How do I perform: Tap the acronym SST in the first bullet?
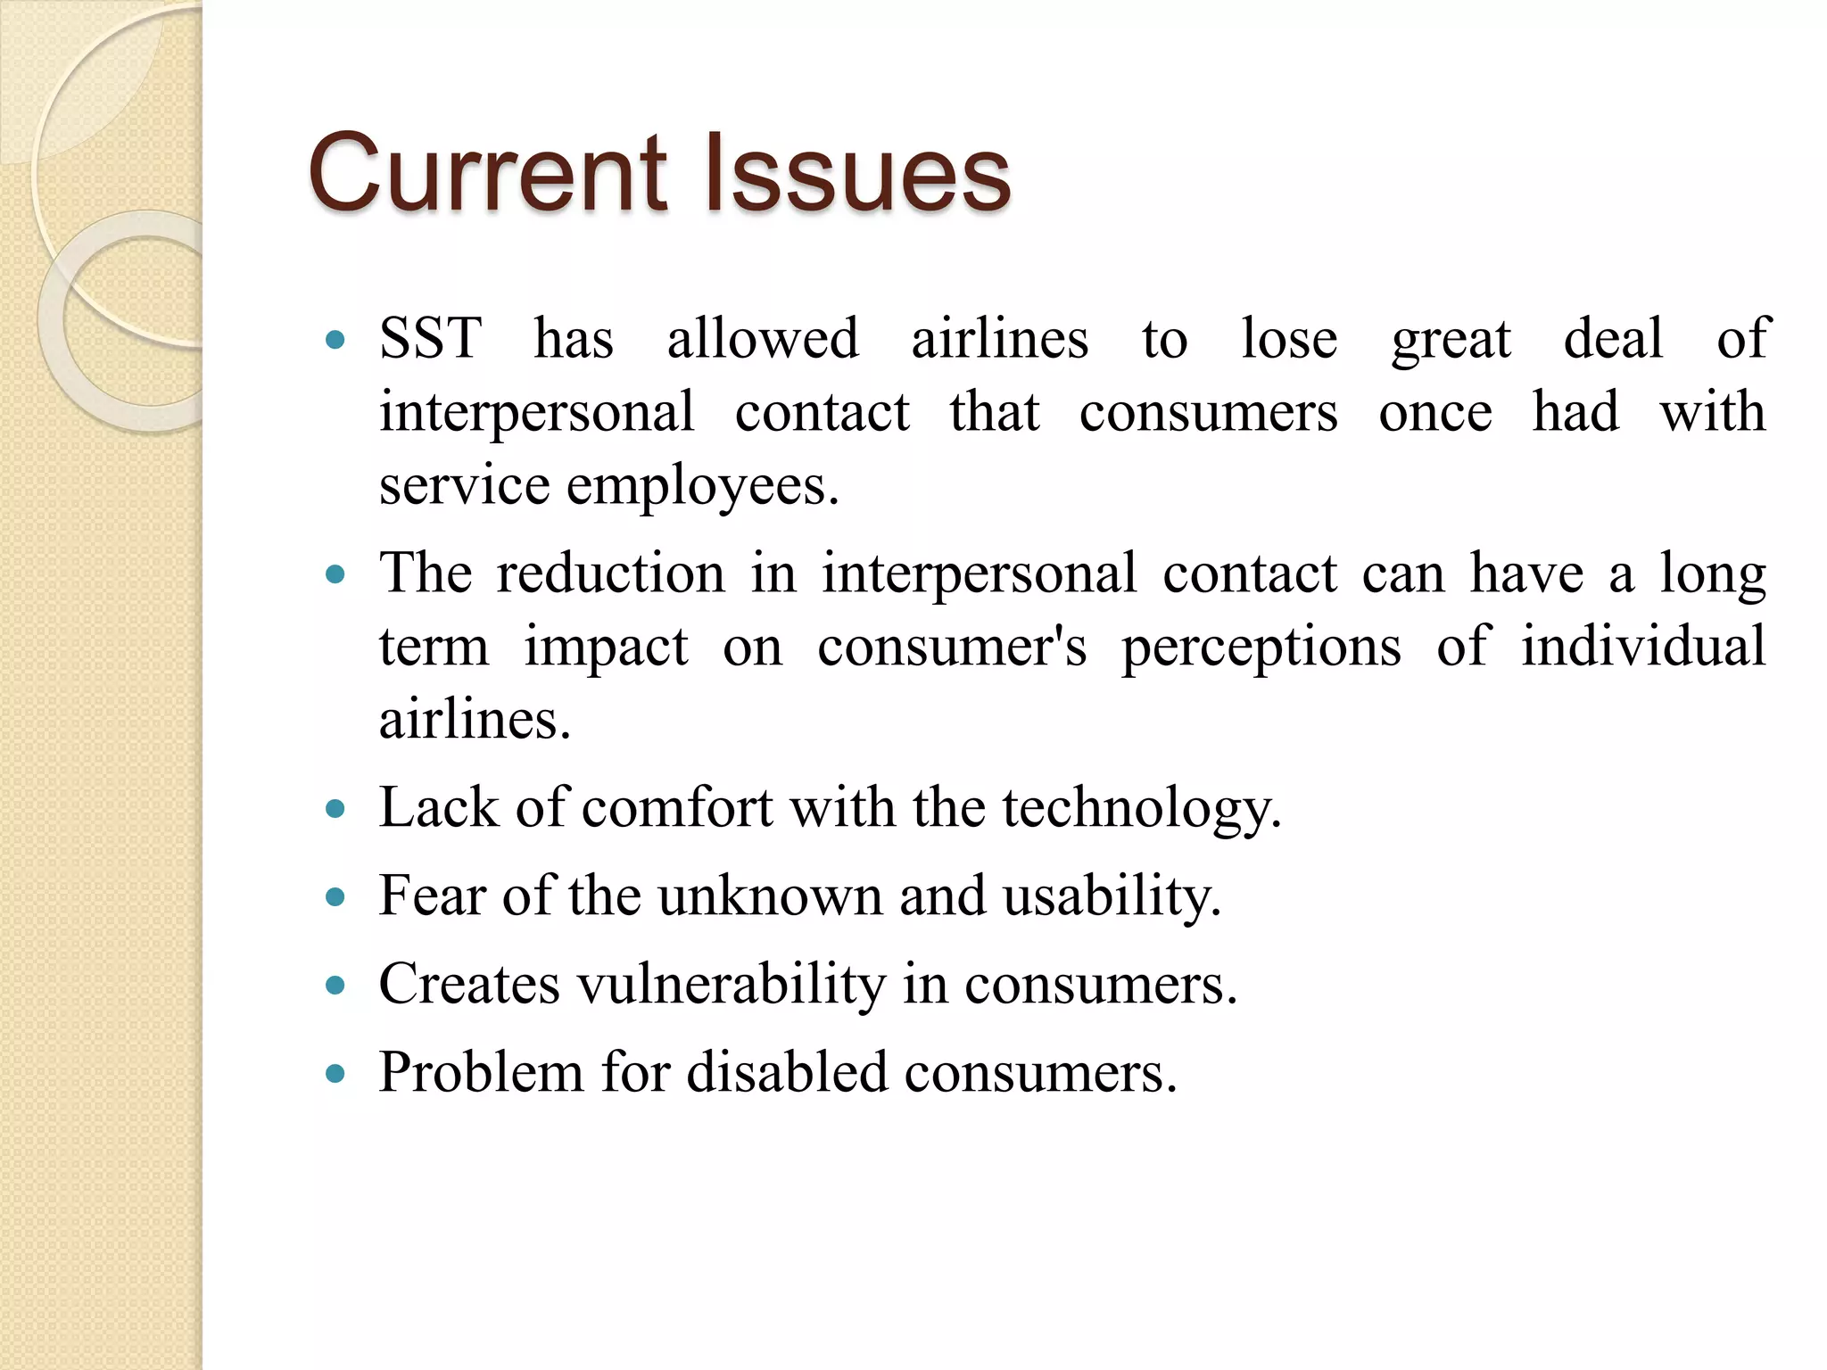pos(430,339)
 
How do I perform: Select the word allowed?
pos(763,339)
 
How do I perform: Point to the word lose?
pos(1289,339)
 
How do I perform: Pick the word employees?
pos(702,487)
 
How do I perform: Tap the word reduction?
pos(610,573)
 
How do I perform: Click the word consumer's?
pos(952,647)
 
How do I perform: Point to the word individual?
pos(1642,646)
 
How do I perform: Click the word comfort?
pos(677,808)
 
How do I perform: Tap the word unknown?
pos(770,895)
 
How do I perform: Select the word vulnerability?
pos(731,985)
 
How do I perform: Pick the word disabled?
pos(787,1072)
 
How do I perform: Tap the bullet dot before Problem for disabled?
pos(335,1073)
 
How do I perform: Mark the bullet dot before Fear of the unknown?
pos(335,897)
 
